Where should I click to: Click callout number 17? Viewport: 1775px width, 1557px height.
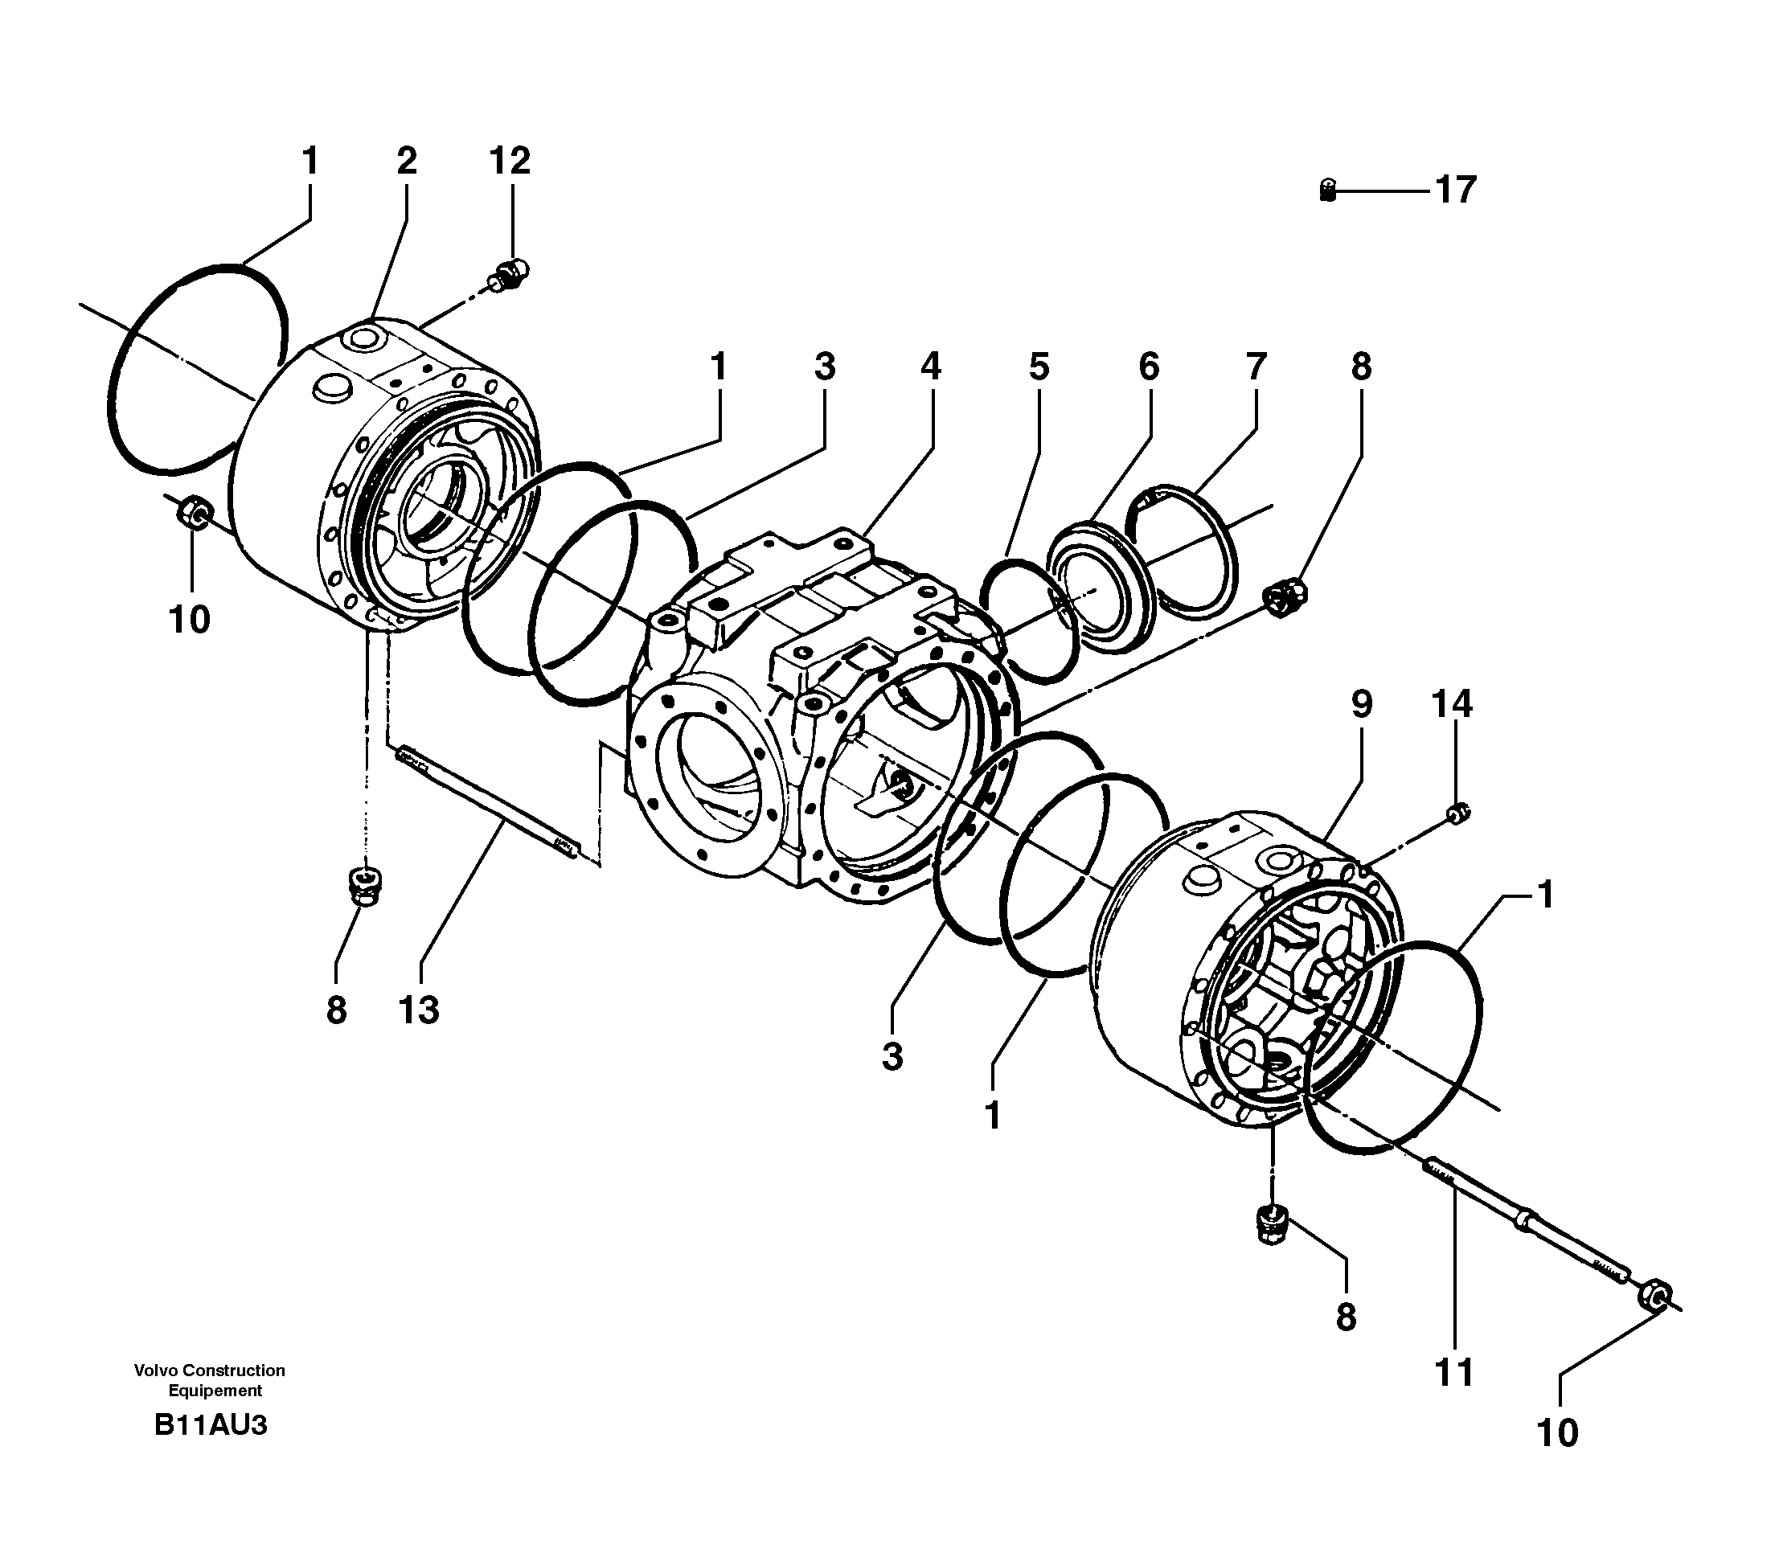[1455, 190]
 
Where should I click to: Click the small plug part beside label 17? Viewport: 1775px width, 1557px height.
[1327, 191]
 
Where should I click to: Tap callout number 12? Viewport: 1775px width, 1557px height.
[510, 161]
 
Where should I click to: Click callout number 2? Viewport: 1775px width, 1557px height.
[407, 161]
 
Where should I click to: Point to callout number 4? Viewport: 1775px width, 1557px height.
[930, 367]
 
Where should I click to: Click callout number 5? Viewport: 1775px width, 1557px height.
[1039, 367]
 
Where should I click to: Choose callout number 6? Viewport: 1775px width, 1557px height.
[1148, 367]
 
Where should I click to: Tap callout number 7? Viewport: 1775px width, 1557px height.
[1256, 367]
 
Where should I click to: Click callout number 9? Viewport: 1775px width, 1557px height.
[1362, 704]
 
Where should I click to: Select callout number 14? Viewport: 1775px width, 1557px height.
[1452, 704]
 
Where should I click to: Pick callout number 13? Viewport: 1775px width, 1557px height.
[419, 1010]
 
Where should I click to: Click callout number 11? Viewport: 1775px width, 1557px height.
[1453, 1373]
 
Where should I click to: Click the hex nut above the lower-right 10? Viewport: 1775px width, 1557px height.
[1653, 1298]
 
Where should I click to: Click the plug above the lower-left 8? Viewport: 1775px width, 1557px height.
[367, 886]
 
